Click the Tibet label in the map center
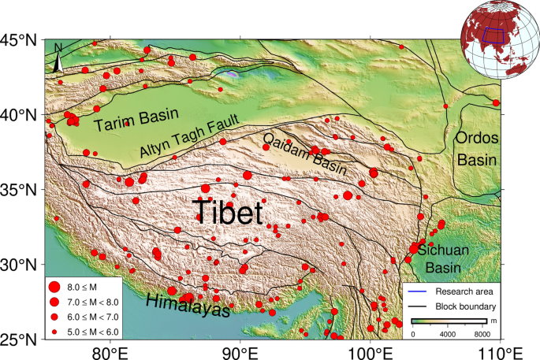(228, 211)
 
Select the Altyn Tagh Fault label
(192, 139)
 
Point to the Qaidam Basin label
(303, 149)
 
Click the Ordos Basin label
(478, 148)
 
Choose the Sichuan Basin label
(443, 258)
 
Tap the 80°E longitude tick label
(110, 352)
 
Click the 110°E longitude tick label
(501, 352)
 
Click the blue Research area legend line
(419, 291)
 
